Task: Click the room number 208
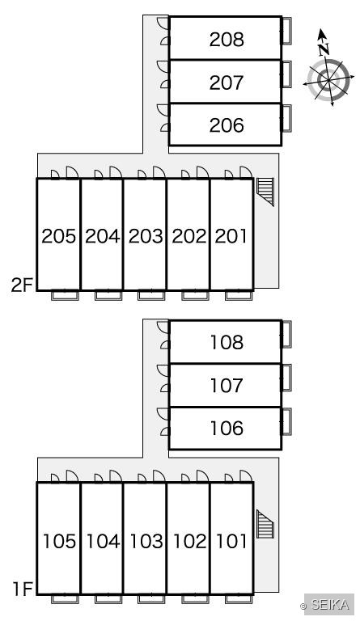click(x=227, y=39)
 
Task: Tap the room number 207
click(x=227, y=82)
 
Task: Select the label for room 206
click(x=227, y=125)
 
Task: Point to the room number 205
click(x=58, y=236)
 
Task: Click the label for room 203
click(x=146, y=236)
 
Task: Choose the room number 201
click(x=231, y=236)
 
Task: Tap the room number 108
click(x=227, y=342)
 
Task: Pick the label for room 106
click(x=227, y=428)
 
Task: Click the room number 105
click(x=59, y=541)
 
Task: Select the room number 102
click(x=189, y=541)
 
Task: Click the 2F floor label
click(x=21, y=285)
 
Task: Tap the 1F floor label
click(x=22, y=589)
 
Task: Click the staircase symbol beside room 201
click(x=265, y=192)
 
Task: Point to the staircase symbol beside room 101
click(x=265, y=524)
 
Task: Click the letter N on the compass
click(x=324, y=49)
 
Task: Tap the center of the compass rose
click(x=328, y=80)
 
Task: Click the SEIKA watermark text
click(x=329, y=605)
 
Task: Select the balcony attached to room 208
click(x=286, y=31)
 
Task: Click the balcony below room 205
click(x=65, y=295)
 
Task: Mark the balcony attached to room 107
click(x=286, y=378)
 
